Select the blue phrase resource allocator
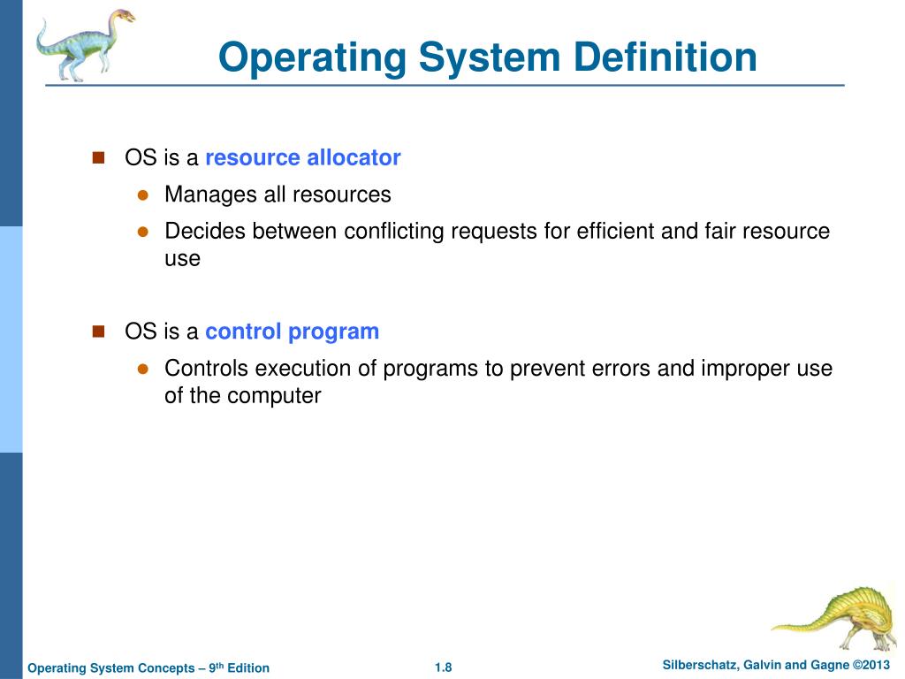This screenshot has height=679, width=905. (303, 158)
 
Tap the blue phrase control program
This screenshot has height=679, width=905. (292, 332)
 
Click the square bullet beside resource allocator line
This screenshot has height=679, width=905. (98, 157)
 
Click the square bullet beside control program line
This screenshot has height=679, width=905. (98, 331)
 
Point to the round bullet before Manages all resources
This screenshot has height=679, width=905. (141, 195)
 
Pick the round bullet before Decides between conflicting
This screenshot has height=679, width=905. (141, 232)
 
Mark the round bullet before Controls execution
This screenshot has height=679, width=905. (141, 369)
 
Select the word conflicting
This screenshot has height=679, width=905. (393, 232)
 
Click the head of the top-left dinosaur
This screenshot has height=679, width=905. (121, 17)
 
